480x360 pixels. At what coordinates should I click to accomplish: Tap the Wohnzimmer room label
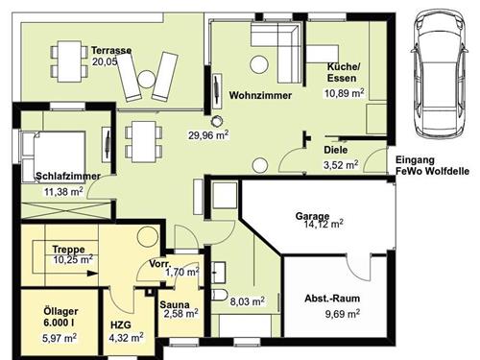[x=260, y=95]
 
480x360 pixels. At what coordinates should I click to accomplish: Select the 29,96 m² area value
[x=208, y=135]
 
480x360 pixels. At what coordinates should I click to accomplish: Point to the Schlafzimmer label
[x=68, y=176]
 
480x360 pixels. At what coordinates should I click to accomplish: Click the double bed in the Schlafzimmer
[x=54, y=156]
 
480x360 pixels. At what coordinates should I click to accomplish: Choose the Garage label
[x=312, y=216]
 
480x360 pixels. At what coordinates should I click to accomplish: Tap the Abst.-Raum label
[x=332, y=299]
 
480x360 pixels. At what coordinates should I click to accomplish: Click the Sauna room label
[x=175, y=304]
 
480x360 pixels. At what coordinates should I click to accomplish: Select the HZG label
[x=121, y=325]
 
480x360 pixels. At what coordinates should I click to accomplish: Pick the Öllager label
[x=60, y=311]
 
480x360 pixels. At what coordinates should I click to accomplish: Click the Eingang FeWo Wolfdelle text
[x=432, y=165]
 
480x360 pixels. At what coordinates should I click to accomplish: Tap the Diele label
[x=336, y=150]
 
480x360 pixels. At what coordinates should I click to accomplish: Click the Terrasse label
[x=111, y=50]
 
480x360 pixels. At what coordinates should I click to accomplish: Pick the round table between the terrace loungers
[x=147, y=79]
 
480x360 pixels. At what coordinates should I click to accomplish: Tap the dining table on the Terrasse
[x=69, y=61]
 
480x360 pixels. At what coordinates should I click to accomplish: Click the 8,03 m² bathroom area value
[x=248, y=301]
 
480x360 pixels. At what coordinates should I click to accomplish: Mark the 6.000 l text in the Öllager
[x=59, y=323]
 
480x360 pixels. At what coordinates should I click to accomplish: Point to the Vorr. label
[x=160, y=264]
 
